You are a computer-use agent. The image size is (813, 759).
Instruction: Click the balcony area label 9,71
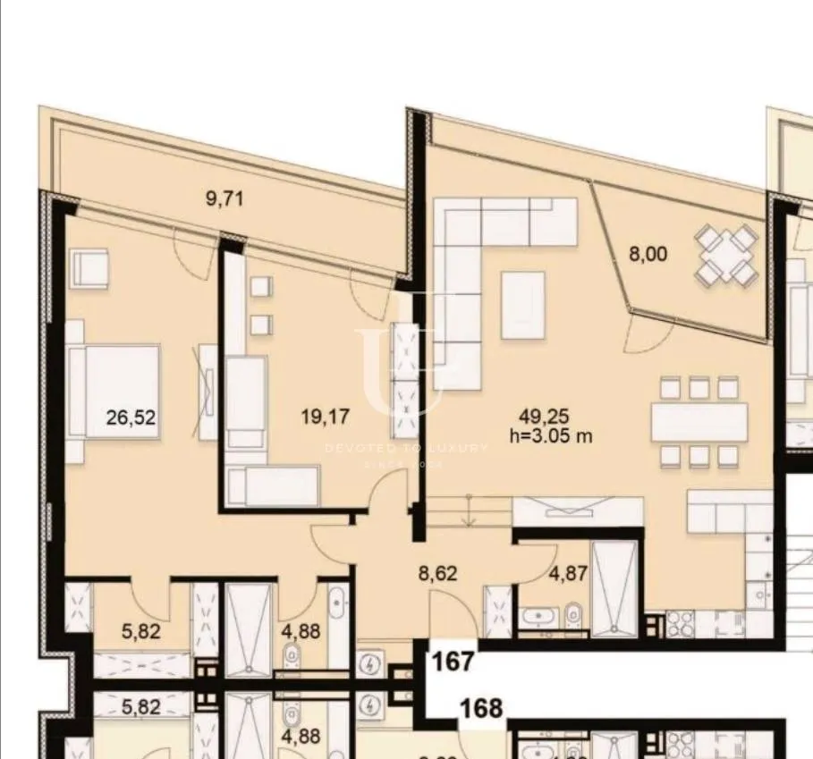tap(224, 198)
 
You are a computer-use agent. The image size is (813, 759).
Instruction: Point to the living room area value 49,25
tap(545, 415)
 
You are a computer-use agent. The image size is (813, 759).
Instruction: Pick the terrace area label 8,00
tap(648, 254)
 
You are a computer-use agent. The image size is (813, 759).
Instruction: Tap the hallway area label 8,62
tap(437, 573)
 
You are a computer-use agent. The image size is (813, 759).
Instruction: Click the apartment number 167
tap(453, 662)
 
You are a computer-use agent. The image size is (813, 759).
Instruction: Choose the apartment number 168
tap(481, 709)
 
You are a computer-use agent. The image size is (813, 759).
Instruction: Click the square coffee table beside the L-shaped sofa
tap(523, 305)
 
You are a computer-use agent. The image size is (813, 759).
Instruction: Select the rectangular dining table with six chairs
tap(699, 421)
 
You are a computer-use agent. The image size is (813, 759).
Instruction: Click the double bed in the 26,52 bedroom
tap(114, 392)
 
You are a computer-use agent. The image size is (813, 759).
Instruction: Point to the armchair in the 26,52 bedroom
tap(91, 267)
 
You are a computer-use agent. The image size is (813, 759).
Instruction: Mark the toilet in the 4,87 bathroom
tap(572, 615)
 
